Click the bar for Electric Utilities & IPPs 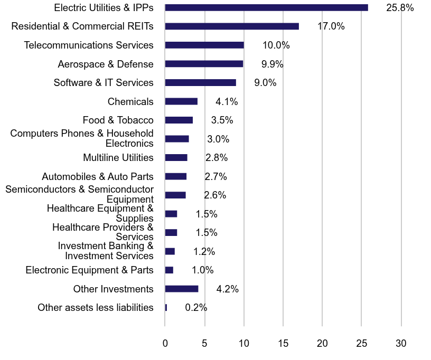[x=266, y=7]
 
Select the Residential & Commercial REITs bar [x=232, y=26]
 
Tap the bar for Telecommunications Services [x=204, y=45]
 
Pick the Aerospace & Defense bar [x=204, y=64]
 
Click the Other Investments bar [x=182, y=289]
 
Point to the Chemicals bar [x=181, y=101]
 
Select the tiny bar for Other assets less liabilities [x=166, y=307]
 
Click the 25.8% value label [x=400, y=8]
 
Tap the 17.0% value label [x=331, y=26]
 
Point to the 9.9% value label [x=272, y=64]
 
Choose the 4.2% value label [x=228, y=289]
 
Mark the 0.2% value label [x=196, y=308]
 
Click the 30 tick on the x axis [x=401, y=344]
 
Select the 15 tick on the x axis [x=283, y=344]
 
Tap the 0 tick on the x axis [x=165, y=344]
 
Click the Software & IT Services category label [x=104, y=83]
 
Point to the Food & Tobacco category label [x=118, y=120]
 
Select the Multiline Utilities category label [x=118, y=158]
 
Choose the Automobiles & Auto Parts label [x=98, y=177]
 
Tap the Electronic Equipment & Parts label [x=89, y=270]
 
